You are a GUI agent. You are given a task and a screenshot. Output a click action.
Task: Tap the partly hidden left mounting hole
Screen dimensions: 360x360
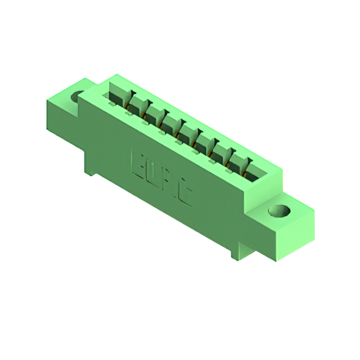point(76,97)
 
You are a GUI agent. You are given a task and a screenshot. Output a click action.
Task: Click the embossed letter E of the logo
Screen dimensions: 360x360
point(137,162)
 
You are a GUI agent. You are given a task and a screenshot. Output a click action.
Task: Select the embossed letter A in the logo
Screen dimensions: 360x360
point(170,183)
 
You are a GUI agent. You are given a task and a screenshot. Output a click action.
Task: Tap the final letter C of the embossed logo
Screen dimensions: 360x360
point(186,195)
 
